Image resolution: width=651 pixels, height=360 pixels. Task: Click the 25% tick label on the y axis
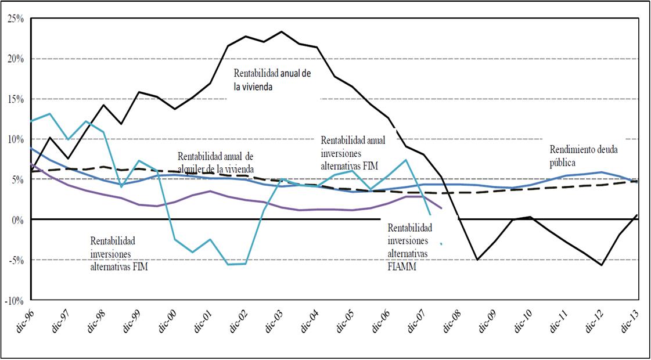16,19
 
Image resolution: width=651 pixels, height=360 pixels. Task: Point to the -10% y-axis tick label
14,300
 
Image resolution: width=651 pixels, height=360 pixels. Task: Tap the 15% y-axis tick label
16,99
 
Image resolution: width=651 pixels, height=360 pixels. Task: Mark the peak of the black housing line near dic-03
281,31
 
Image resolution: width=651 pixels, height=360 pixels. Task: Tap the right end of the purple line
442,208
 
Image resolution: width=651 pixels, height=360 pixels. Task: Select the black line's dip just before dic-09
477,260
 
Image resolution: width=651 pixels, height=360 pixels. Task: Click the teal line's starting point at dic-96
30,121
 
